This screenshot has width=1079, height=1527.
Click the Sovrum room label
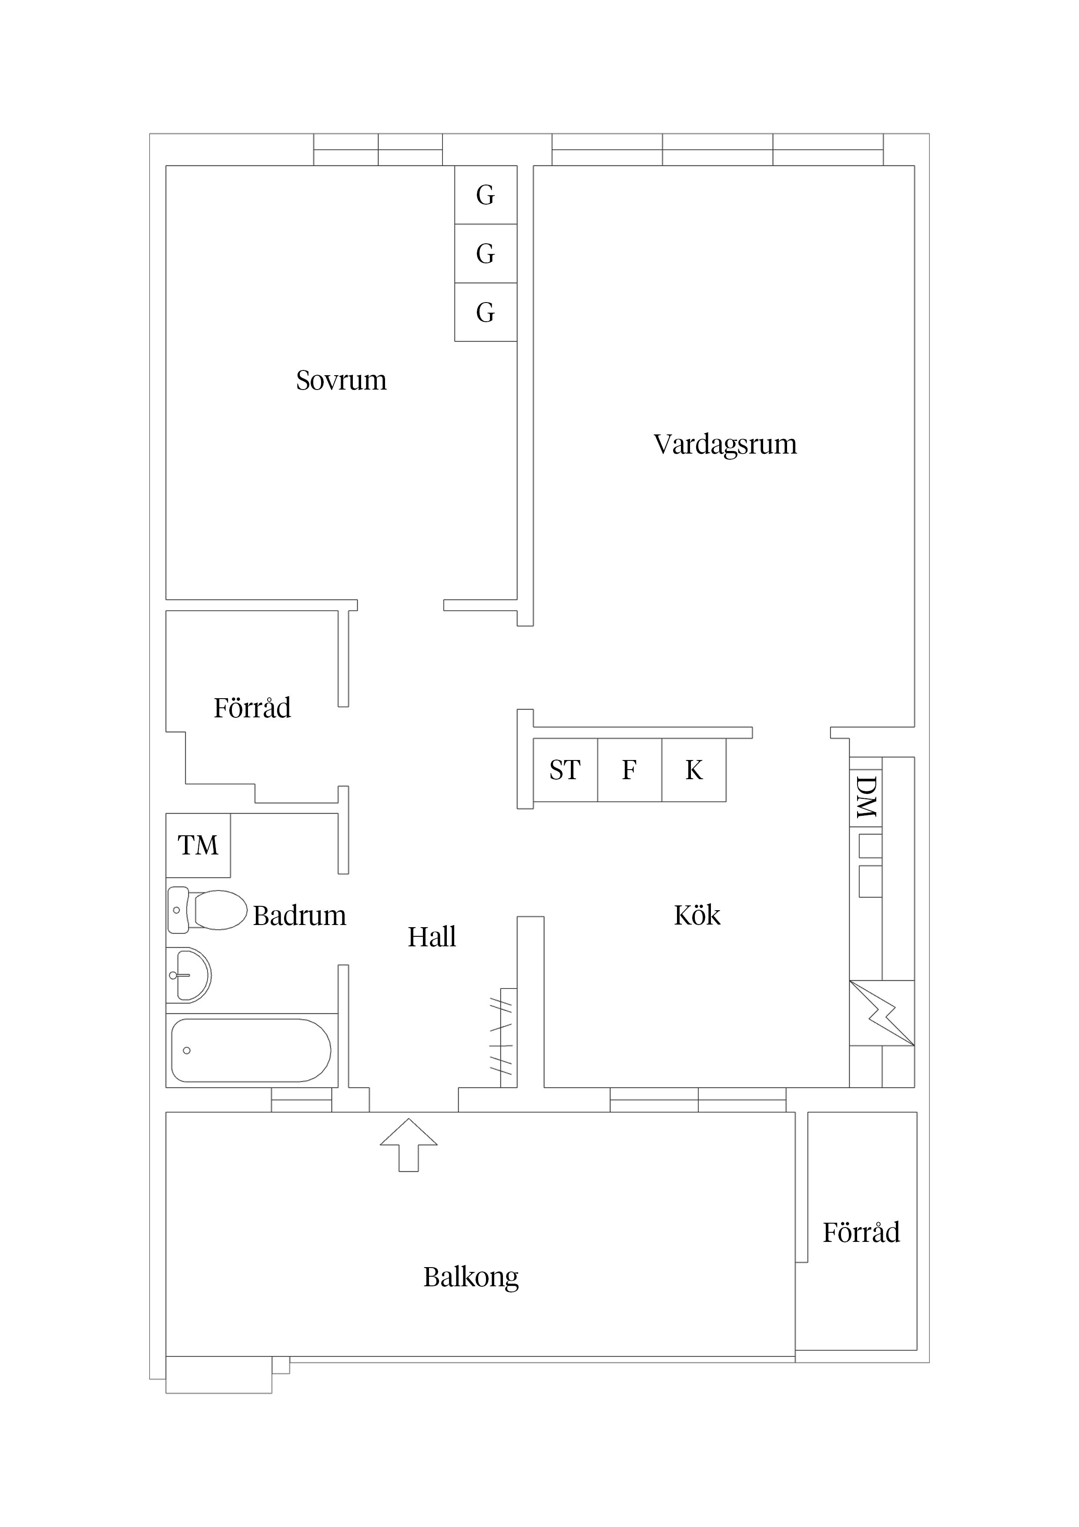(x=341, y=380)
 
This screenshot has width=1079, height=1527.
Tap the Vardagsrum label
(x=725, y=444)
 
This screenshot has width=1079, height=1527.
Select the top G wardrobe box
(x=485, y=195)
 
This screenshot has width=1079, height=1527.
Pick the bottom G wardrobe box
(x=485, y=312)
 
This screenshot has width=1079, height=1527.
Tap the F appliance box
(x=629, y=770)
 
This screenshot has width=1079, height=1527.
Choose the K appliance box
(x=694, y=770)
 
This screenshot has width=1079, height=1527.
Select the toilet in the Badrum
(x=209, y=910)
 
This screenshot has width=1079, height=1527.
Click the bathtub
(x=251, y=1050)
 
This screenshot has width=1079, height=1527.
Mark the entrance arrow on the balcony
(x=408, y=1145)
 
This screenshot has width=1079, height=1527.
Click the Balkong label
(x=471, y=1277)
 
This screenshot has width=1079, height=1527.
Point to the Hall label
(x=432, y=937)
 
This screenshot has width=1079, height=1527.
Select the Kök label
(x=697, y=916)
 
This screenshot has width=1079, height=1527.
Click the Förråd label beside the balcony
(x=861, y=1232)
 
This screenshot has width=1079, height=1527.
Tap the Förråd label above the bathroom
(x=252, y=708)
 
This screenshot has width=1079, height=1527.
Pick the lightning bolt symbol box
(x=881, y=1013)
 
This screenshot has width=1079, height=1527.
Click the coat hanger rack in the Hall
(x=504, y=1037)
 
